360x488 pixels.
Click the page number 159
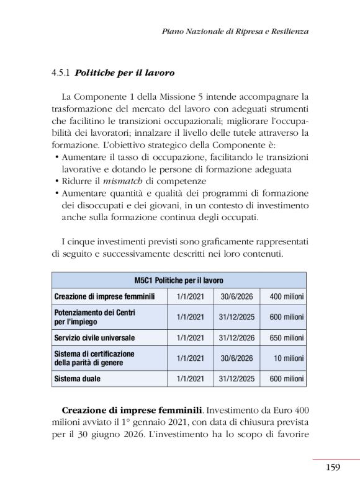coord(333,467)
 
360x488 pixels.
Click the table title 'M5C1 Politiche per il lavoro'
coord(179,280)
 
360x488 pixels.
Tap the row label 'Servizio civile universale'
coord(94,338)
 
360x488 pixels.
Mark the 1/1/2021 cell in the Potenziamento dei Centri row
coord(190,317)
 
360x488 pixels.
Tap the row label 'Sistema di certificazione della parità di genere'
coord(94,358)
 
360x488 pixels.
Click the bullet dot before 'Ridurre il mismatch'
coord(56,181)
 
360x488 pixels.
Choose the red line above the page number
coord(336,459)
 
